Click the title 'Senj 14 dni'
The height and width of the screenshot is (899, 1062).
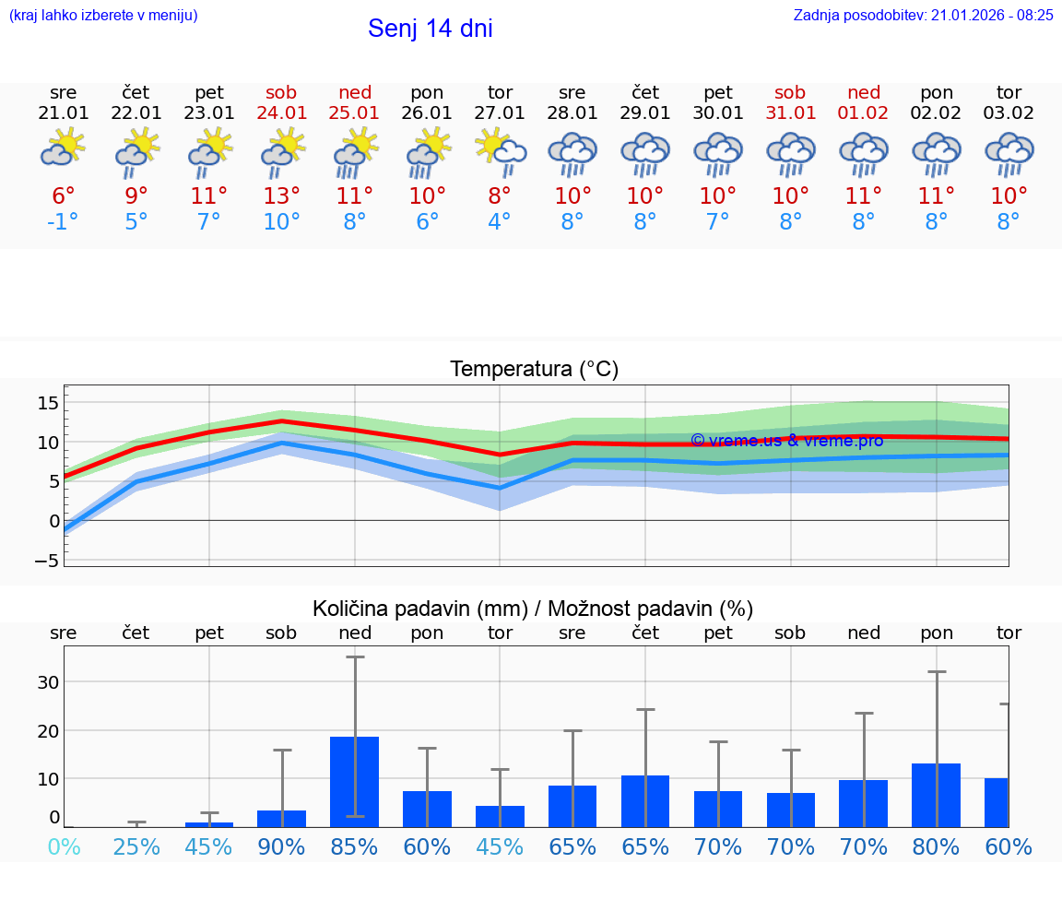pyautogui.click(x=430, y=29)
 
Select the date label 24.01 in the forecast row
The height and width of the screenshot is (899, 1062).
pyautogui.click(x=281, y=113)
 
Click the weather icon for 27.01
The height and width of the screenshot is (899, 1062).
pyautogui.click(x=500, y=151)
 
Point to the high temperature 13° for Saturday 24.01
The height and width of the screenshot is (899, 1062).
pyautogui.click(x=281, y=195)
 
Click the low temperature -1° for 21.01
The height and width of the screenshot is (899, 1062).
pyautogui.click(x=63, y=222)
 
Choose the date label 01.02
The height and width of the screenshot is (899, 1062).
pyautogui.click(x=864, y=113)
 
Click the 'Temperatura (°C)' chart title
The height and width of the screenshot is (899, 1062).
pyautogui.click(x=534, y=370)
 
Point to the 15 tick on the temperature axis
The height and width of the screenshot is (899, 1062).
pyautogui.click(x=48, y=402)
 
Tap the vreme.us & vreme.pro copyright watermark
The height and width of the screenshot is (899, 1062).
pyautogui.click(x=786, y=441)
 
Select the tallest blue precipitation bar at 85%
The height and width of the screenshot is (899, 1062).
pyautogui.click(x=355, y=781)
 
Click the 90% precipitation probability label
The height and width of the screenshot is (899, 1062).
pyautogui.click(x=281, y=846)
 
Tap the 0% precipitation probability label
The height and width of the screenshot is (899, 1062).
pyautogui.click(x=63, y=846)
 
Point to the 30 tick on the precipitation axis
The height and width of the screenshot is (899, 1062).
pyautogui.click(x=48, y=682)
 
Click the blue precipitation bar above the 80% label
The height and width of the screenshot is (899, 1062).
pyautogui.click(x=936, y=795)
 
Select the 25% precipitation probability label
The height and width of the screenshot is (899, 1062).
pyautogui.click(x=136, y=846)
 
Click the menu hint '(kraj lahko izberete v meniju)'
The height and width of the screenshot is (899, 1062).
pyautogui.click(x=103, y=15)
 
